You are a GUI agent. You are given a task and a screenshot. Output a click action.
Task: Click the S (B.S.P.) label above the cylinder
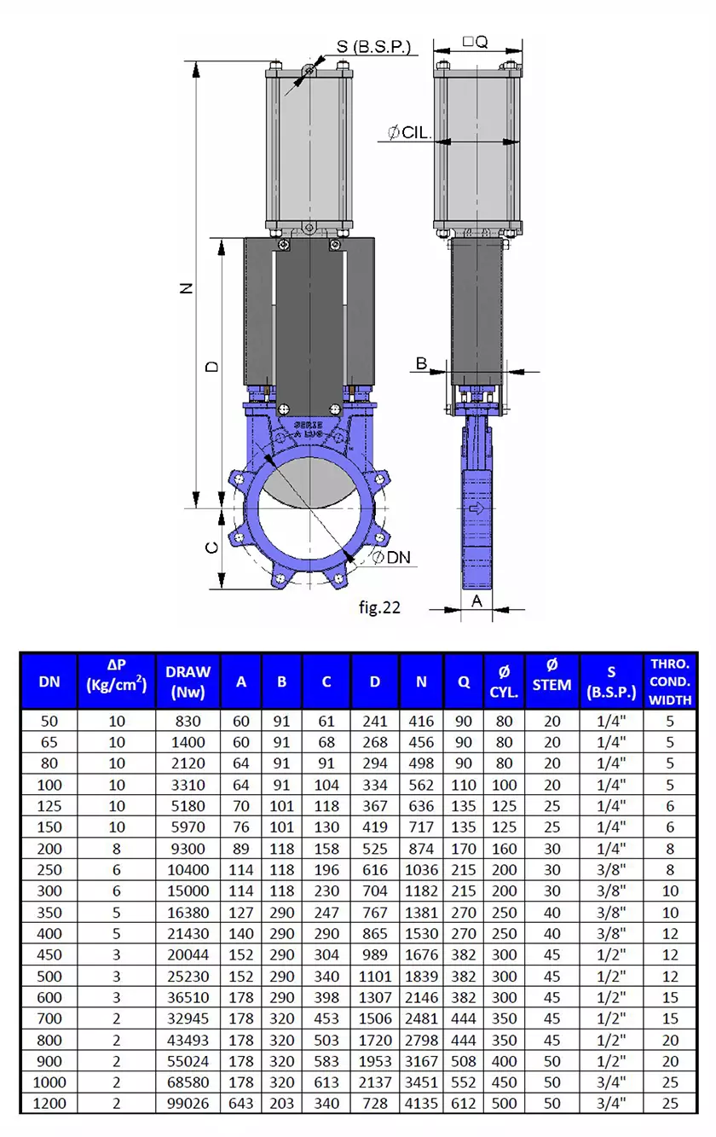click(373, 46)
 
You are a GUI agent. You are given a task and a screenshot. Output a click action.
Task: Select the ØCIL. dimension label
click(410, 133)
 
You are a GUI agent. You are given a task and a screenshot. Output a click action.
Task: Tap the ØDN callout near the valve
click(391, 557)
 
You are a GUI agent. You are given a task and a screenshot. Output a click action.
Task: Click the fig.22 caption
click(379, 607)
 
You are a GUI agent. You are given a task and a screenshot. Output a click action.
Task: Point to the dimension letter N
click(187, 288)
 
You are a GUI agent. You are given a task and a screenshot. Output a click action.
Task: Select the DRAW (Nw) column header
click(188, 681)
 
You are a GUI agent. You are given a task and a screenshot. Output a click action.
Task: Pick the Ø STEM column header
click(551, 681)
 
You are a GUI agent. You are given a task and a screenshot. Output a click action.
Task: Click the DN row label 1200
click(49, 1103)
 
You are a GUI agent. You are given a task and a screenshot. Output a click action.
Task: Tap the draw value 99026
click(188, 1103)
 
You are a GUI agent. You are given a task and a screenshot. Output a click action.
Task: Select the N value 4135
click(421, 1103)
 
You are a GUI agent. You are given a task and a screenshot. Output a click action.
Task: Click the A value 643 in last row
click(241, 1103)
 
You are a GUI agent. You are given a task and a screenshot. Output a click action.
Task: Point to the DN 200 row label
click(49, 849)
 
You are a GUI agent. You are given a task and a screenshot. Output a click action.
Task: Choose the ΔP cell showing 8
click(117, 849)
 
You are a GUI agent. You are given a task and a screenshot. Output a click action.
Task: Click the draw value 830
click(188, 721)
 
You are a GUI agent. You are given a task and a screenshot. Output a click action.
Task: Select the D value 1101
click(375, 976)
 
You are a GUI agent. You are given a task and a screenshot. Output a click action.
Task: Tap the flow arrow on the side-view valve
click(477, 508)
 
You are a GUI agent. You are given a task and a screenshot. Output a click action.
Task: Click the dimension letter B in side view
click(420, 364)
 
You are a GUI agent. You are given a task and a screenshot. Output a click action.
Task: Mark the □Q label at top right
click(475, 41)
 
